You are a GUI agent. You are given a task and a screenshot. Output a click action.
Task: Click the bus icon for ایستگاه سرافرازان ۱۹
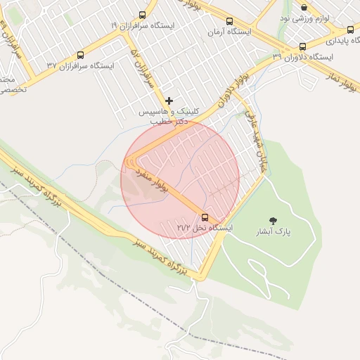pyautogui.click(x=143, y=15)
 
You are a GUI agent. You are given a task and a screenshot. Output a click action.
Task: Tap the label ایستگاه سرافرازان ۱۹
pyautogui.click(x=143, y=25)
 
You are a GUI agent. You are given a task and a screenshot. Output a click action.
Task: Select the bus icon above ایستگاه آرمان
pyautogui.click(x=229, y=21)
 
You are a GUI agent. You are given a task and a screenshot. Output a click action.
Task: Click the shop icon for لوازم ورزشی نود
pyautogui.click(x=304, y=8)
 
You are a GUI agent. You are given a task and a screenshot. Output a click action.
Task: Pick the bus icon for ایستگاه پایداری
pyautogui.click(x=350, y=30)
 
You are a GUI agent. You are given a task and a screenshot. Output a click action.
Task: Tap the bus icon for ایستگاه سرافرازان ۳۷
pyautogui.click(x=80, y=55)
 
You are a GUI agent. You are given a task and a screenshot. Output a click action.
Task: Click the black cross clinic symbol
pyautogui.click(x=169, y=101)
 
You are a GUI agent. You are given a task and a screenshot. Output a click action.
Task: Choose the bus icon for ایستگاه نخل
pyautogui.click(x=205, y=217)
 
